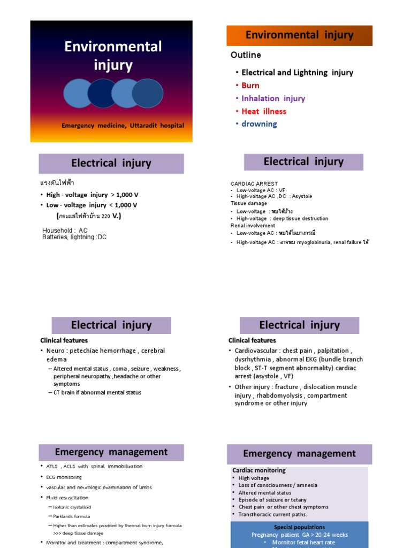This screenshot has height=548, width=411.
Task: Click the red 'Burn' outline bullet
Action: (250, 86)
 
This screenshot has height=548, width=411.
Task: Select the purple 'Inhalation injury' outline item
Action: (273, 98)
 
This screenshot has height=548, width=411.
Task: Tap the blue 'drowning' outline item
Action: (259, 124)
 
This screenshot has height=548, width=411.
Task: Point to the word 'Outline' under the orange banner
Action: (246, 55)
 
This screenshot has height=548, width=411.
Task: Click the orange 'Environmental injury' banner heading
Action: (299, 35)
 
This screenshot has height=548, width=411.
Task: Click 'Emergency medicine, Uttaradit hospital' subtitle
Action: (123, 126)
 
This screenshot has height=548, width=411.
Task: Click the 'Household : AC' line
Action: (65, 230)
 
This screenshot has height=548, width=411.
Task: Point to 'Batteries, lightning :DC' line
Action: (74, 237)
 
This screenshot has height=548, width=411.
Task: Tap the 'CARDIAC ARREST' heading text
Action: (254, 184)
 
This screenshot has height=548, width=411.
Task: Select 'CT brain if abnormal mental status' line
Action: (97, 393)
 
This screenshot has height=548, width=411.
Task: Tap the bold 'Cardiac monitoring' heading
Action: (259, 470)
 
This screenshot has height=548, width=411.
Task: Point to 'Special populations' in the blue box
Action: (299, 527)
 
